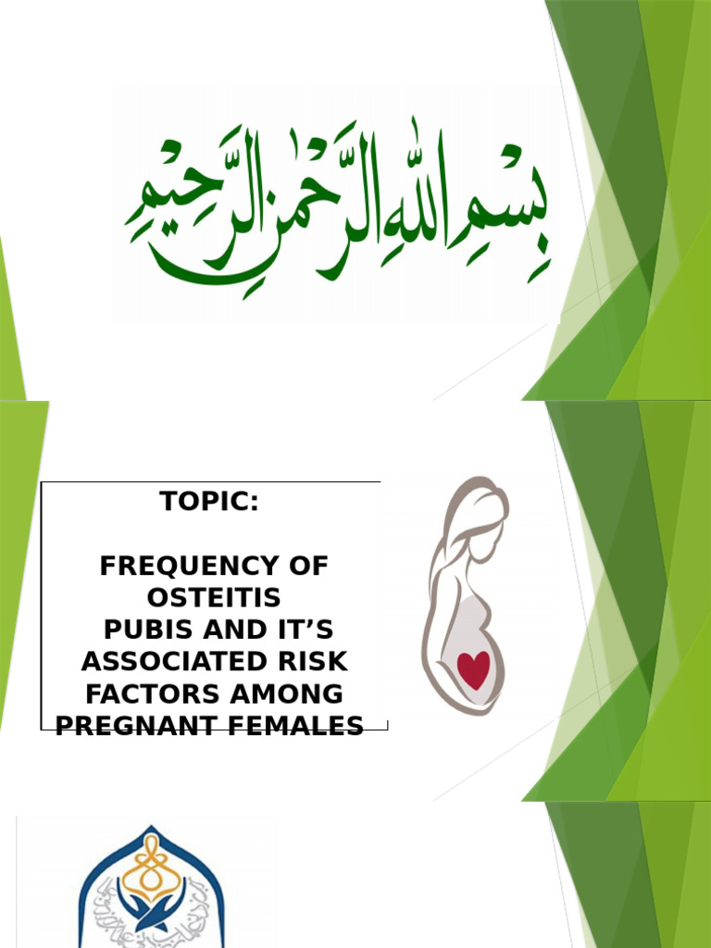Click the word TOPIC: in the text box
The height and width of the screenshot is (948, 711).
pyautogui.click(x=210, y=502)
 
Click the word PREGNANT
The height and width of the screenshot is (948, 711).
pyautogui.click(x=134, y=726)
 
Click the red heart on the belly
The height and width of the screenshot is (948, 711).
pyautogui.click(x=474, y=668)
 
